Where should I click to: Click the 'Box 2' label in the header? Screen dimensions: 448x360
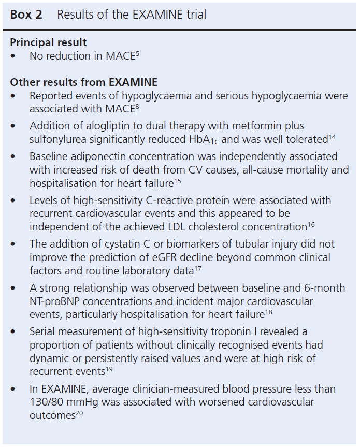pyautogui.click(x=26, y=15)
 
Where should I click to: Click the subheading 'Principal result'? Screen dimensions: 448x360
pyautogui.click(x=48, y=42)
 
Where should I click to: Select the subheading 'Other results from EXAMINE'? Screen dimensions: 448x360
pyautogui.click(x=83, y=82)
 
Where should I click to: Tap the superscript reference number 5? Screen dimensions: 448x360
pyautogui.click(x=137, y=53)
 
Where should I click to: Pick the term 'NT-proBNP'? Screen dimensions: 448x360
pyautogui.click(x=52, y=301)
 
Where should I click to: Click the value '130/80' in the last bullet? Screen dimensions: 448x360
pyautogui.click(x=47, y=401)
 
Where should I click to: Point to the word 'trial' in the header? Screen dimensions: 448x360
pyautogui.click(x=194, y=15)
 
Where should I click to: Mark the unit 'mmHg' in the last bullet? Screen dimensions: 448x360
pyautogui.click(x=83, y=401)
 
